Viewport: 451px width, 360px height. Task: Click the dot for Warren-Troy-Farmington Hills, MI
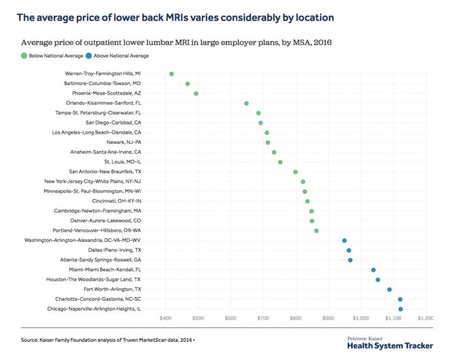coord(171,74)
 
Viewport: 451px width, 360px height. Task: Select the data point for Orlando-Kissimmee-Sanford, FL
coord(246,103)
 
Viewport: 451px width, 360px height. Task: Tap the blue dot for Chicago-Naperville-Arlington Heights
coord(400,309)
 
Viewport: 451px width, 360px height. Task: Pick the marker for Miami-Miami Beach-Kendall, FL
coord(373,270)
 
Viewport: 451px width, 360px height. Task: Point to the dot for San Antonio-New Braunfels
coord(295,172)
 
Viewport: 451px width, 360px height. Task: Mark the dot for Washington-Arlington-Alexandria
coord(344,240)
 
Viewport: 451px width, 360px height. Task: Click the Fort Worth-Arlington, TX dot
coord(389,290)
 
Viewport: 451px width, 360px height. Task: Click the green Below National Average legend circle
coord(24,56)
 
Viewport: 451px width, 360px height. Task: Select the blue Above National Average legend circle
coord(89,56)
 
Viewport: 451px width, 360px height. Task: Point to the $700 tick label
coord(263,318)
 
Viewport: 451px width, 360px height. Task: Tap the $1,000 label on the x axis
coord(361,318)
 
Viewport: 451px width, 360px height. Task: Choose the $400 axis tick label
coord(166,318)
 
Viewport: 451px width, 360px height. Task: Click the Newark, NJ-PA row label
coord(124,142)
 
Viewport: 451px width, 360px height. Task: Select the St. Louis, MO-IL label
coord(123,162)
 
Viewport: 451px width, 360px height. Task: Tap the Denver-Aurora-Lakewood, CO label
coord(106,221)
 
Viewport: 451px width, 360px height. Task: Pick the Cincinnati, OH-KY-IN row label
coord(117,201)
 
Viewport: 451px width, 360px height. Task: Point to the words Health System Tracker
coord(390,346)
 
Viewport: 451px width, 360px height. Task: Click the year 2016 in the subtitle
coord(323,42)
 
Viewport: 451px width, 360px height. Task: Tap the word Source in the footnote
coord(29,340)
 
